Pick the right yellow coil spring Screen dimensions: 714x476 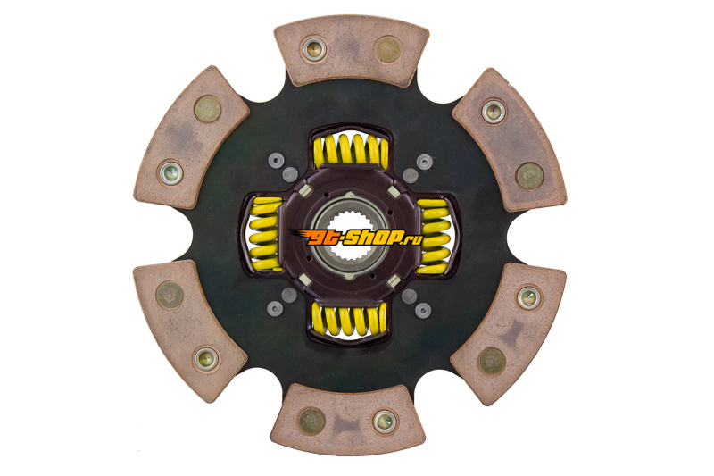pos(434,237)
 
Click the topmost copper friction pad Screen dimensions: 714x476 pos(352,51)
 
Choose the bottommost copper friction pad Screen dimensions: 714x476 pos(348,419)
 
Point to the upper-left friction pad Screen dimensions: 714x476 pos(191,138)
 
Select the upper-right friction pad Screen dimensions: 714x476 pos(510,140)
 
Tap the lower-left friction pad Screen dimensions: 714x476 pos(190,331)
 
